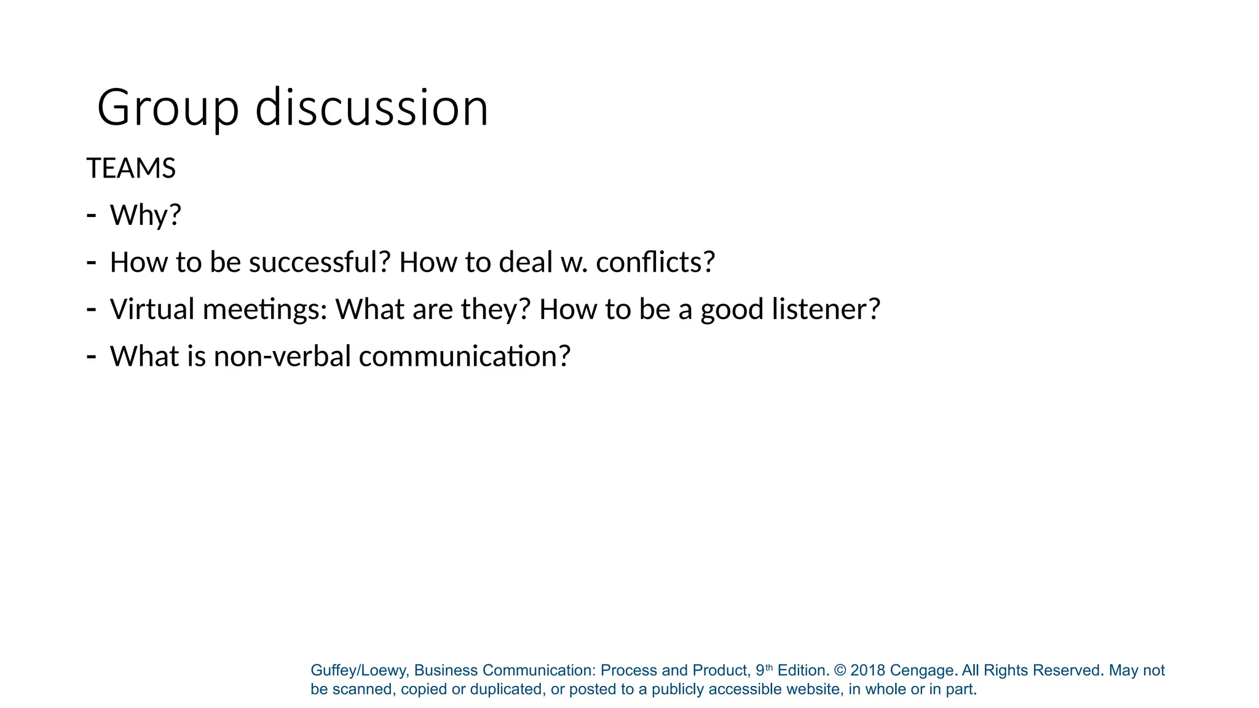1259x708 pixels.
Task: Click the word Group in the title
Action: [x=167, y=108]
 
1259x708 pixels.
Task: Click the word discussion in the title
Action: [x=372, y=108]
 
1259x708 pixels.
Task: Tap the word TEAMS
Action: [x=131, y=168]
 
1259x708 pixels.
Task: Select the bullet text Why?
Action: [x=146, y=215]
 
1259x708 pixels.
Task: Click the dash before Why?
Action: [x=92, y=216]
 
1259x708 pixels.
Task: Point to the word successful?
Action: [x=320, y=262]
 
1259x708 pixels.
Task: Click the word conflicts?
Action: [x=655, y=262]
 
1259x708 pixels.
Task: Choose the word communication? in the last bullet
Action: [x=465, y=356]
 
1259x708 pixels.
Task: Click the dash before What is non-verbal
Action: [x=92, y=356]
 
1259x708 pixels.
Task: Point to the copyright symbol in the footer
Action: [x=840, y=671]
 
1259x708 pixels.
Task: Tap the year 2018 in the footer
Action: [x=867, y=671]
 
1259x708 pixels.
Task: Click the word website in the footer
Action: [x=812, y=690]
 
